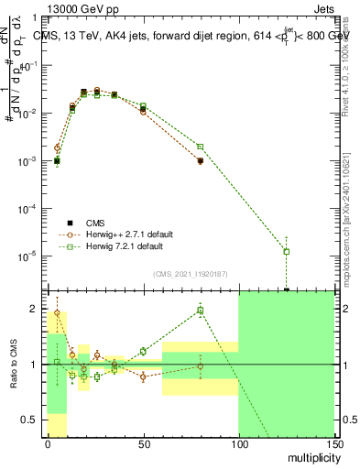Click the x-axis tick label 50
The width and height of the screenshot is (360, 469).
coord(143,444)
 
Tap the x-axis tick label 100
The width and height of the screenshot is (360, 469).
coord(238,444)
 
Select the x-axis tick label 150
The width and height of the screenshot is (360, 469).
coord(333,444)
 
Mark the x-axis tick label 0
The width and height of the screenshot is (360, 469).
coord(48,444)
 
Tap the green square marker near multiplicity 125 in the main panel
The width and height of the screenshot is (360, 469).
coord(287,251)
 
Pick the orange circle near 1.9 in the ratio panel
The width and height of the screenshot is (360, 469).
coord(57,312)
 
